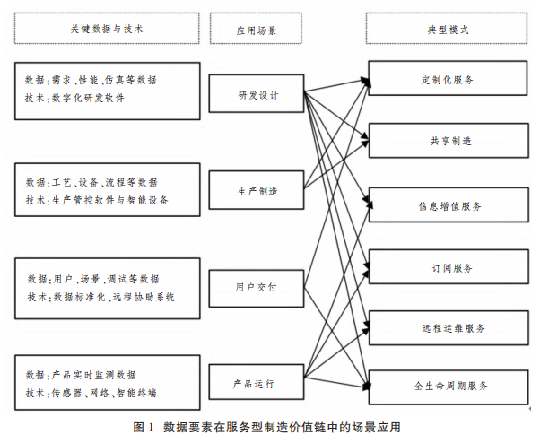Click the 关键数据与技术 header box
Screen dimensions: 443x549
pos(106,29)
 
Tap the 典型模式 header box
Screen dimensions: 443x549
pos(446,29)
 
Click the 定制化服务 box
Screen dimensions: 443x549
pos(446,79)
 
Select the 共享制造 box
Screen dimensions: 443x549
pos(446,141)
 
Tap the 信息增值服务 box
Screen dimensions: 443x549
pos(446,205)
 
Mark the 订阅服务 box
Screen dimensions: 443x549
pos(446,267)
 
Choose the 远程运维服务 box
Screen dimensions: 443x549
pos(446,328)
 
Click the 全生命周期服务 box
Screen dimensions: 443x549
pos(446,386)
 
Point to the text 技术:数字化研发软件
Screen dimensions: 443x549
pos(76,99)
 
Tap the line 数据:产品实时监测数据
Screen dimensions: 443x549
pos(82,374)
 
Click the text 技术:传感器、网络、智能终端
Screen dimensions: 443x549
pos(91,392)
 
